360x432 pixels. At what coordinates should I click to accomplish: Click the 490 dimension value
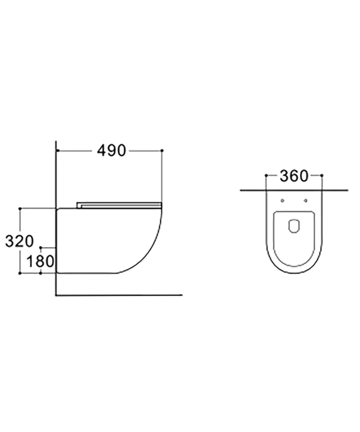(112, 151)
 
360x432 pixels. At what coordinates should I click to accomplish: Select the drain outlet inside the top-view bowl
(294, 225)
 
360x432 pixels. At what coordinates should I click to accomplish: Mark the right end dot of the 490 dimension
(162, 151)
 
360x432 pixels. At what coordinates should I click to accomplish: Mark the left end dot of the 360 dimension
(266, 176)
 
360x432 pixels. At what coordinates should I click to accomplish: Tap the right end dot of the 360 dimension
(322, 176)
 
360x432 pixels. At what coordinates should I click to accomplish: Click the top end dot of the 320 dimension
(20, 209)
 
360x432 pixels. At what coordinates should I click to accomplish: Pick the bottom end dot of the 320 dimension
(20, 274)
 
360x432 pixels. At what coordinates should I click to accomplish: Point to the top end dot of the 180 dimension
(41, 246)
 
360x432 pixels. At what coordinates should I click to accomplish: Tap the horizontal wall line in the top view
(335, 190)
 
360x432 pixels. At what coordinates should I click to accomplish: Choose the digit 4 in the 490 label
(102, 151)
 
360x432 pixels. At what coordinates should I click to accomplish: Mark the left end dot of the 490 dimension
(57, 151)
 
